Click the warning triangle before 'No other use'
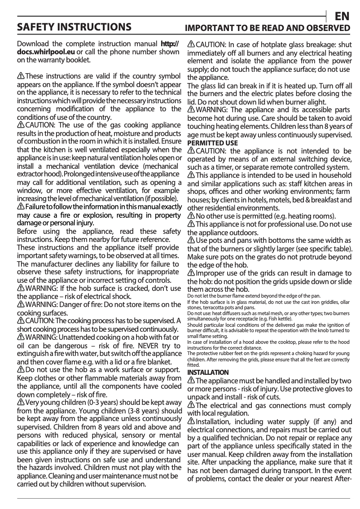(x=191, y=215)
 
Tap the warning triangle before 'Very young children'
(x=20, y=402)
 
